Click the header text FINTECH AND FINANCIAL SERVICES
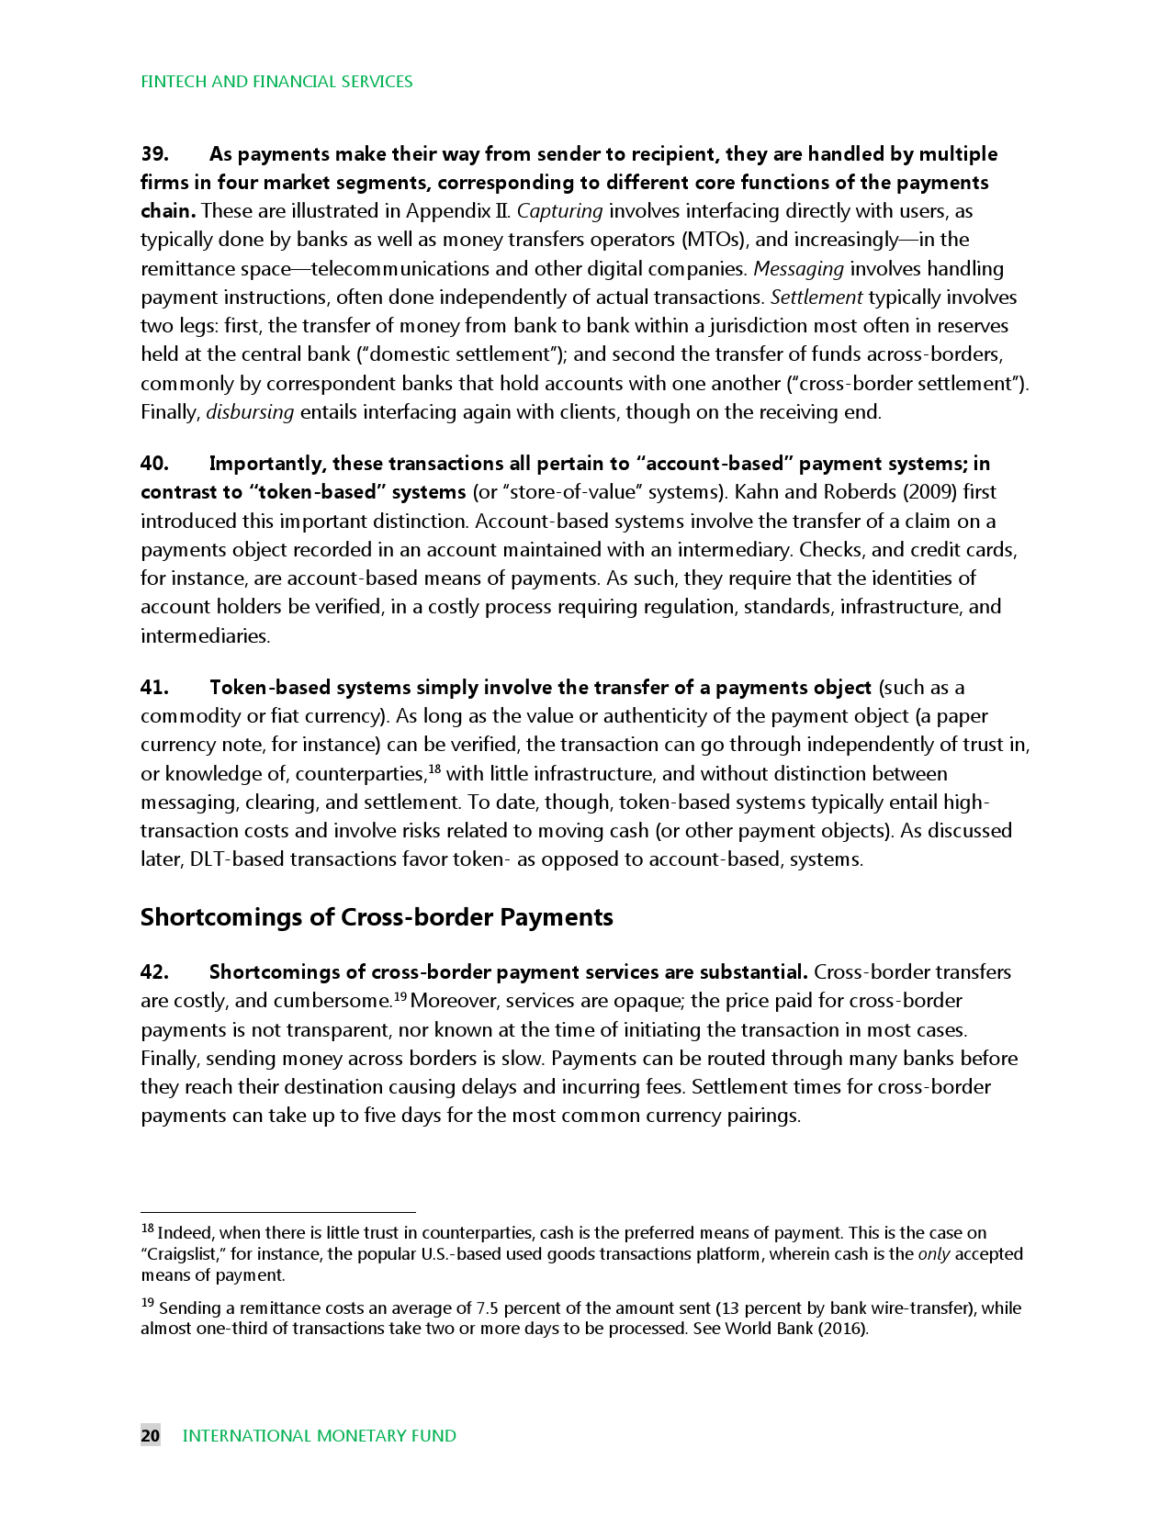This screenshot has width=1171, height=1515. point(276,82)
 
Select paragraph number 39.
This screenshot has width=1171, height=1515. point(153,153)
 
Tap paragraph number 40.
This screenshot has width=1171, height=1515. point(153,463)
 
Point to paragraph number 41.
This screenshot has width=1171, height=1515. point(153,687)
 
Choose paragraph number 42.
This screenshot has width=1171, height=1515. point(153,971)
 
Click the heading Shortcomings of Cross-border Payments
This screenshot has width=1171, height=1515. point(377,917)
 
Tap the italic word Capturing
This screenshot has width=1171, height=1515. point(559,211)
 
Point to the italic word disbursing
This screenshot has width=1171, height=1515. point(250,412)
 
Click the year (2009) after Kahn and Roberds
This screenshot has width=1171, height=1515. point(930,492)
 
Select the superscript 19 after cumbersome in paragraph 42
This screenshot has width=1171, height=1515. point(400,997)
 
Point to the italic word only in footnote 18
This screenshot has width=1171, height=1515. point(934,1254)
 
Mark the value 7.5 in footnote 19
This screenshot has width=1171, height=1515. point(488,1308)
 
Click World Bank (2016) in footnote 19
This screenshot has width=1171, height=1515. point(795,1329)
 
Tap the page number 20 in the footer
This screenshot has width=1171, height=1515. point(151,1435)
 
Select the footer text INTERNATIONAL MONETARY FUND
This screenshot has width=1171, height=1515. point(320,1435)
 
